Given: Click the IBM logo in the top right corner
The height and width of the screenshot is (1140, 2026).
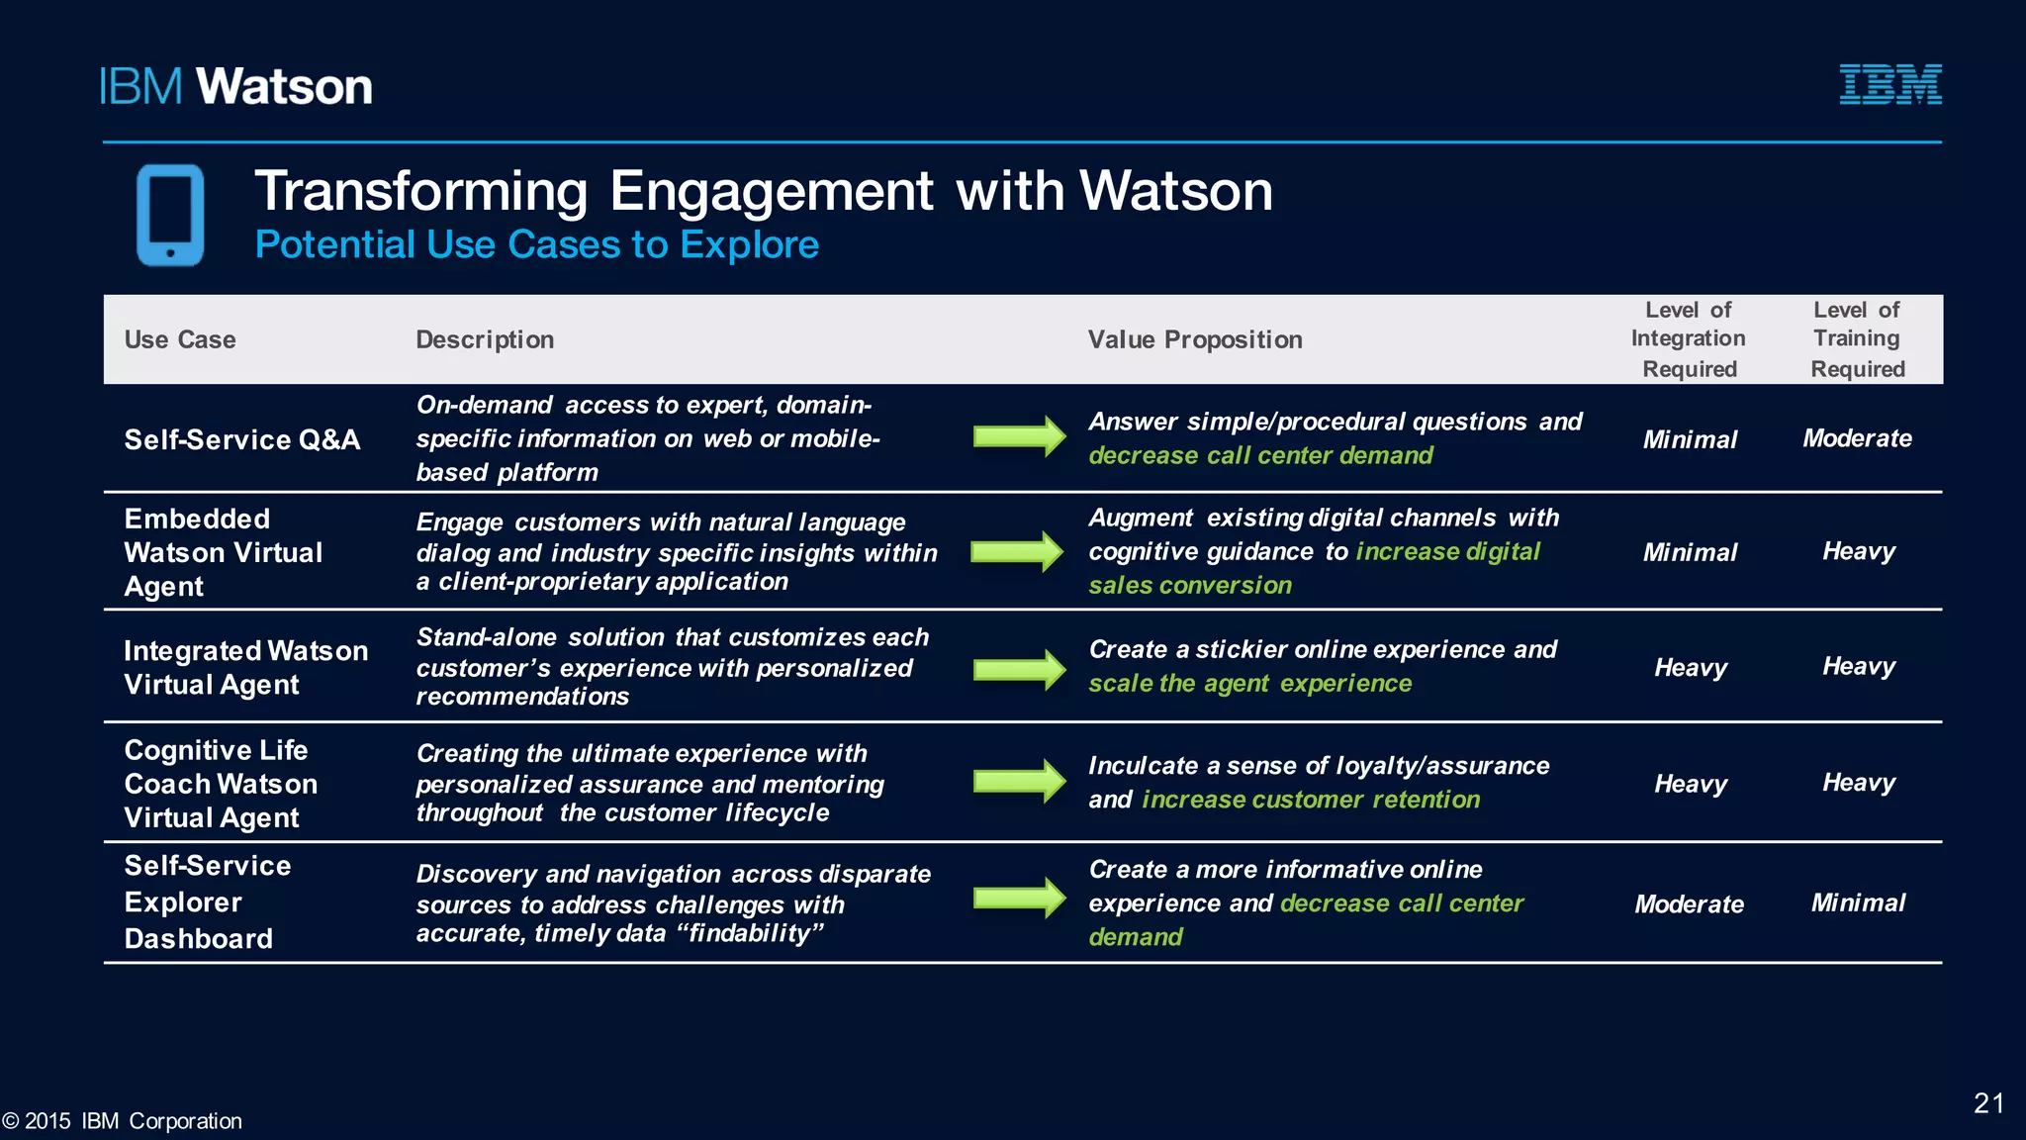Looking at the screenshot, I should click(1889, 84).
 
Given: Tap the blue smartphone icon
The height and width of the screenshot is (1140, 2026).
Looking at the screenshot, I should click(170, 215).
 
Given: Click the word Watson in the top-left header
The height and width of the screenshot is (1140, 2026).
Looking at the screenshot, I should click(285, 87).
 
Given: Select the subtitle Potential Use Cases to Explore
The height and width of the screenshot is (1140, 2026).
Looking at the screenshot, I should click(537, 244).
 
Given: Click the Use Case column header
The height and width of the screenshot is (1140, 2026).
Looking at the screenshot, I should click(180, 339).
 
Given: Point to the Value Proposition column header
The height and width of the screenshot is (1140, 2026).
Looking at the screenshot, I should click(1195, 339).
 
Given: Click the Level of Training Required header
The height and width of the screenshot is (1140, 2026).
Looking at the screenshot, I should click(1857, 339).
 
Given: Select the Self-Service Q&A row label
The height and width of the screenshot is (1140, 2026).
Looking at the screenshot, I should click(242, 439).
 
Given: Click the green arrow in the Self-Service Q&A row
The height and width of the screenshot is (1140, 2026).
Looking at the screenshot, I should click(1019, 436).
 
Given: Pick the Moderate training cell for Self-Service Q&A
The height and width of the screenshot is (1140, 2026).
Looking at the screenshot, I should click(1857, 438).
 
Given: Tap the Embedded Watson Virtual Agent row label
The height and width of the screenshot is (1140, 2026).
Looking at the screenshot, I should click(224, 552).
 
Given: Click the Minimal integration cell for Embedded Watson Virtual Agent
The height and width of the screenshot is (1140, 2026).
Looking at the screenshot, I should click(1690, 552).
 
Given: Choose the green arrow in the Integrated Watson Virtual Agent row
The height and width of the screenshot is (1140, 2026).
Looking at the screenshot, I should click(1019, 669).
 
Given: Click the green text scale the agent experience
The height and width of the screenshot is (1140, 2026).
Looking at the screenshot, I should click(1250, 683).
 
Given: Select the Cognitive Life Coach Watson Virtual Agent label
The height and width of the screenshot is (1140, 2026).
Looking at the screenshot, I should click(221, 784).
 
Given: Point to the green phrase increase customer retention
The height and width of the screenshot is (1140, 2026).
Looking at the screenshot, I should click(1311, 800).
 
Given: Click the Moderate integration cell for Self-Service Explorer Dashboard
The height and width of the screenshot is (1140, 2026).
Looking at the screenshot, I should click(1689, 903).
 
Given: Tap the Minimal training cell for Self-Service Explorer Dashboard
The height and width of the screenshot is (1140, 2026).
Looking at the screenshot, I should click(1858, 902).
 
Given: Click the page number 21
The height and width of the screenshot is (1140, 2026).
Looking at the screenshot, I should click(1988, 1103).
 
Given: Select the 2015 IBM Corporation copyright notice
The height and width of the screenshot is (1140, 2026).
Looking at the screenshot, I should click(123, 1121).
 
